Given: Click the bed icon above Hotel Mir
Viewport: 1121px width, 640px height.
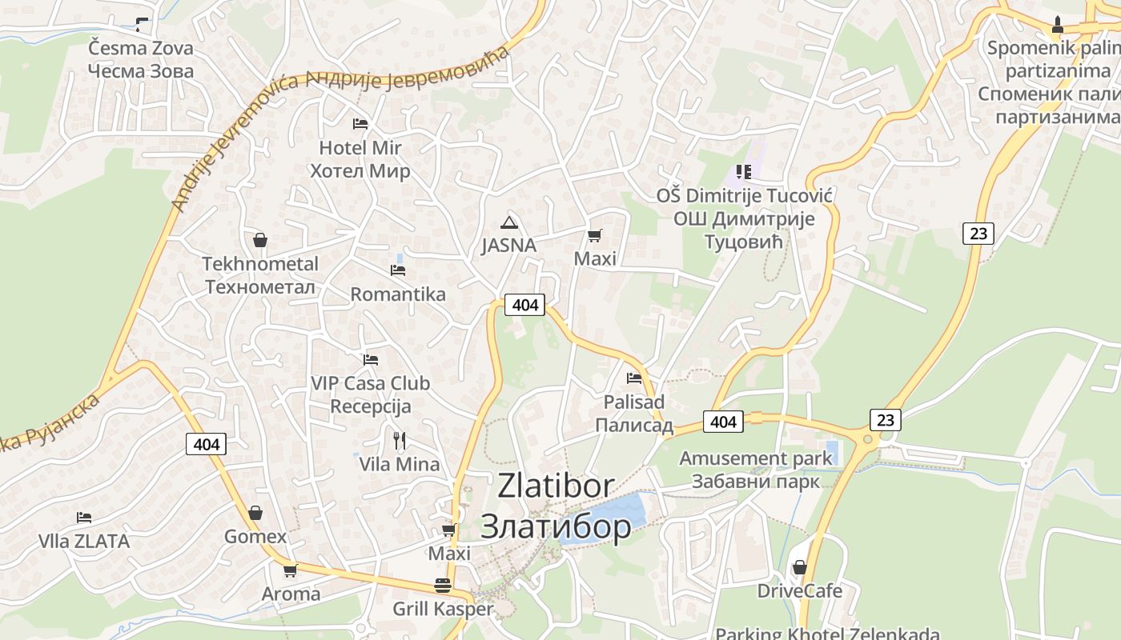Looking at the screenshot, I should pos(360,124).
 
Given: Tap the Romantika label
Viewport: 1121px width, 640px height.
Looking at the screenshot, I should pos(398,294).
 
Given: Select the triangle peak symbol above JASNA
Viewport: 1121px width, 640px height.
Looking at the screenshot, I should pos(508,222).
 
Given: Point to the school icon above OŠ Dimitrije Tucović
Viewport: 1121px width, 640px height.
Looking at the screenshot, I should pos(744,172).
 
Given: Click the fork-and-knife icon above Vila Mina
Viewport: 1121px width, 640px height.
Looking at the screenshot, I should pos(400,440).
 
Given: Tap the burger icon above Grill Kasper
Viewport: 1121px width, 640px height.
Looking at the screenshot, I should pos(443,586).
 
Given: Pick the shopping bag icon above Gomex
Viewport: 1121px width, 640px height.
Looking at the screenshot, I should pos(255,513).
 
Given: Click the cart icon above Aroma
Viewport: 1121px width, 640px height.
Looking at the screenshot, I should pos(290,570).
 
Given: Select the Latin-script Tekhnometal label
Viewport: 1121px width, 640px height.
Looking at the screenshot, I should pos(260,264).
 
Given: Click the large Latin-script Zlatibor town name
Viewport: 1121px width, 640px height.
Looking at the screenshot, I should pos(556,486).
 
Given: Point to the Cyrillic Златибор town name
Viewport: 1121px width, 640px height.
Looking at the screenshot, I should pos(556,526).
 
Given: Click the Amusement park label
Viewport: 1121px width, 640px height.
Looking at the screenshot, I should pos(756,459).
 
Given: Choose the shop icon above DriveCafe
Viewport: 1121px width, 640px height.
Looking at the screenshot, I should pos(799,567).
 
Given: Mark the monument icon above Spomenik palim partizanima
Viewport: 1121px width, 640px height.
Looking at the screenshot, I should pos(1057,25).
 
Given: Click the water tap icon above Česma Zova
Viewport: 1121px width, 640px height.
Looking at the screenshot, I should pos(142,24).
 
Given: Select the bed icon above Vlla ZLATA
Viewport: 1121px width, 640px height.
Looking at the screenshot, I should pos(84,518).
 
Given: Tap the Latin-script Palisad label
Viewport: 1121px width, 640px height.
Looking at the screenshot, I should pos(634,402).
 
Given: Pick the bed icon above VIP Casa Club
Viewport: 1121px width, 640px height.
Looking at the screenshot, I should pos(370,360).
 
